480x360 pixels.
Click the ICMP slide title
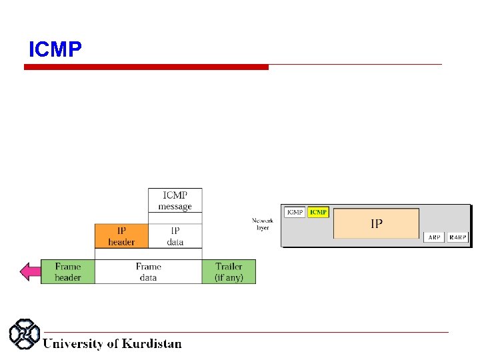55,50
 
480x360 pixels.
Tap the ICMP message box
175,201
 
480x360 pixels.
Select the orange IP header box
121,235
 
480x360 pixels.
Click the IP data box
175,235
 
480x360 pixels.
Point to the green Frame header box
68,271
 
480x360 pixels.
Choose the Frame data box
148,271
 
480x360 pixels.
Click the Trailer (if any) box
229,271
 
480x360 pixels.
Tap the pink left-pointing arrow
30,271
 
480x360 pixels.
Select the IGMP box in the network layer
295,212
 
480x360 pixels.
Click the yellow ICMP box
318,212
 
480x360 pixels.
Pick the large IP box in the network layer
376,223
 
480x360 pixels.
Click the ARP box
434,237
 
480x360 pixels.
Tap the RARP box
458,237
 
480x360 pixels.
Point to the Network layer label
263,224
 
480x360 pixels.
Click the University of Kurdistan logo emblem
25,335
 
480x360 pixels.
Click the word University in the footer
73,344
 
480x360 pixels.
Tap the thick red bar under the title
147,67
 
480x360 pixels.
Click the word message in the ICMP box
175,207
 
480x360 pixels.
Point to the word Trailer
229,266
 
